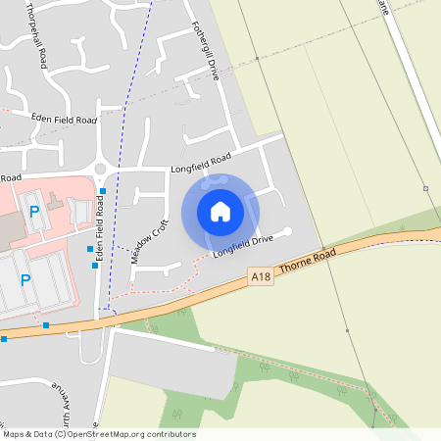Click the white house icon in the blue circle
(220, 211)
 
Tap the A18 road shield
(260, 277)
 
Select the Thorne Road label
(307, 260)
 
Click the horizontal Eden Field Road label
(65, 119)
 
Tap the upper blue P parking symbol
(34, 210)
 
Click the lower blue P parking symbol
(25, 279)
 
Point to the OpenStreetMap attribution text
(99, 433)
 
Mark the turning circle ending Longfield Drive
(287, 232)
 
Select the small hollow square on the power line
(425, 188)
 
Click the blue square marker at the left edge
(4, 339)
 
